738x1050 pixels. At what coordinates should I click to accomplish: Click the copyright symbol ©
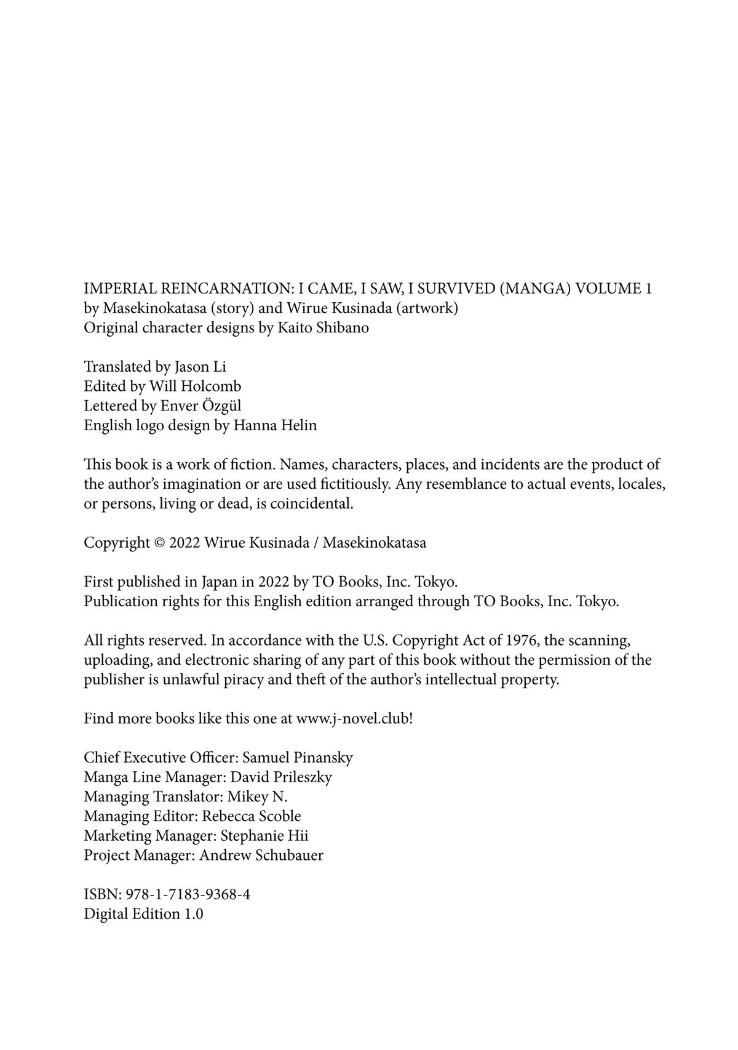pyautogui.click(x=159, y=543)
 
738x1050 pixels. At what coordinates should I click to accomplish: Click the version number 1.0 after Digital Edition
pyautogui.click(x=193, y=914)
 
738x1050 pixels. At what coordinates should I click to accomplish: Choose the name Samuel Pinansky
pyautogui.click(x=298, y=758)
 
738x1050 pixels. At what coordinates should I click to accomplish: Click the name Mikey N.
pyautogui.click(x=258, y=797)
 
